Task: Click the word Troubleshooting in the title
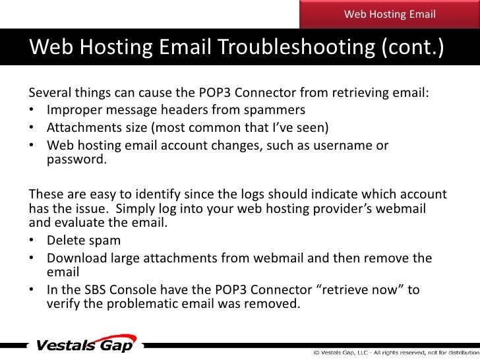pos(296,47)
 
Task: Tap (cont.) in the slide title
pos(413,47)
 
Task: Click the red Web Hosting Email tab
pos(390,14)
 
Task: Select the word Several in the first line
pos(50,92)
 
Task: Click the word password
pos(76,160)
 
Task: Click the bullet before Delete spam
pos(32,240)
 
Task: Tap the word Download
pos(77,258)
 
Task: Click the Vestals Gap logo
pos(86,344)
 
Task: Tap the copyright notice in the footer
pos(396,353)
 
